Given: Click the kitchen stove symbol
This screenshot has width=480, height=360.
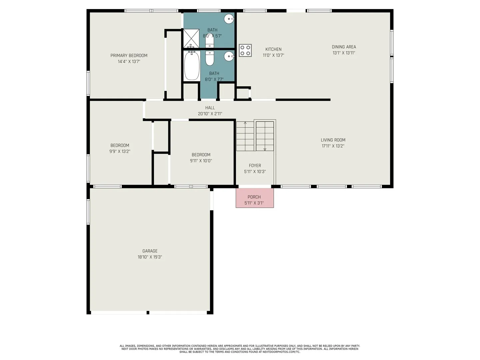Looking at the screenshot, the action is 245,50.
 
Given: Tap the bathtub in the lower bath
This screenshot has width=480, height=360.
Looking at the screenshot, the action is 192,66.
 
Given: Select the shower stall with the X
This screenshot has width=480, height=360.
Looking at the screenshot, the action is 191,38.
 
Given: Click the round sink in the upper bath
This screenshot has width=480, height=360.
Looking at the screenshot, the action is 229,19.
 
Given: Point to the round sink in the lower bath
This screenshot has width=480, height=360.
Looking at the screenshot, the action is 229,56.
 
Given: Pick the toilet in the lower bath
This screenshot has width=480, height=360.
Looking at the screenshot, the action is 210,58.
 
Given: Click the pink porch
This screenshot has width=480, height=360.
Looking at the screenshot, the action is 255,198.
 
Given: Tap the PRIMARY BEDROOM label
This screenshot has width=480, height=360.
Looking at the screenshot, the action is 129,56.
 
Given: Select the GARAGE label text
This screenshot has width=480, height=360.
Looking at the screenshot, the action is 150,251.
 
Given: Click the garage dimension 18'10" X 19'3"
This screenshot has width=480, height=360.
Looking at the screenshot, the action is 150,257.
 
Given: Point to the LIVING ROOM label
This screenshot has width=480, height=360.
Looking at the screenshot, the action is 333,140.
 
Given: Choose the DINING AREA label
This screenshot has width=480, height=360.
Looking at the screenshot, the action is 344,47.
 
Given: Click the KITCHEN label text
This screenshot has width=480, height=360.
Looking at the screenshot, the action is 273,49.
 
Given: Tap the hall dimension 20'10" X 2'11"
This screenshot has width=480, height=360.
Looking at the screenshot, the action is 210,114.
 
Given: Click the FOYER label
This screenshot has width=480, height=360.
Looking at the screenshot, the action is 255,165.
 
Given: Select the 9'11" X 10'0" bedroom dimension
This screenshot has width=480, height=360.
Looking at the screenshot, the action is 201,161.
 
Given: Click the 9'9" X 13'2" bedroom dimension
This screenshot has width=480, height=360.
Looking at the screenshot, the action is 120,151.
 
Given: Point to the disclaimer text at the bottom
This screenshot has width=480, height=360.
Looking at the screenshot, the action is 240,349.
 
